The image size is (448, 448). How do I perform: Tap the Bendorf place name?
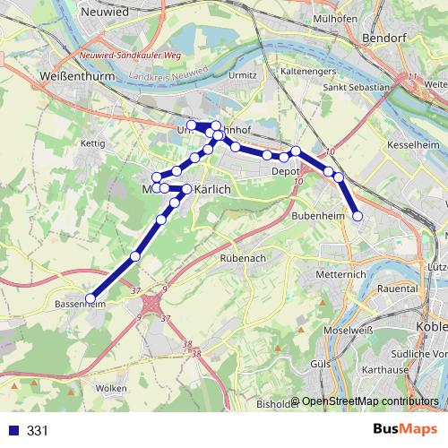(386, 39)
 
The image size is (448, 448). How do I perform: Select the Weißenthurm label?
(74, 78)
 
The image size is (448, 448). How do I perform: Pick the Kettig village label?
(93, 142)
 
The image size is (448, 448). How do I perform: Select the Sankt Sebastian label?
(356, 88)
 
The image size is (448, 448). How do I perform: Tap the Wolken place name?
(110, 388)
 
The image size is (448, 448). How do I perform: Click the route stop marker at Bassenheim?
(90, 297)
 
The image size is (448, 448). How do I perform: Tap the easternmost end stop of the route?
(358, 216)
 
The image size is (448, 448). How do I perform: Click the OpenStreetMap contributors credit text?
(370, 401)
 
